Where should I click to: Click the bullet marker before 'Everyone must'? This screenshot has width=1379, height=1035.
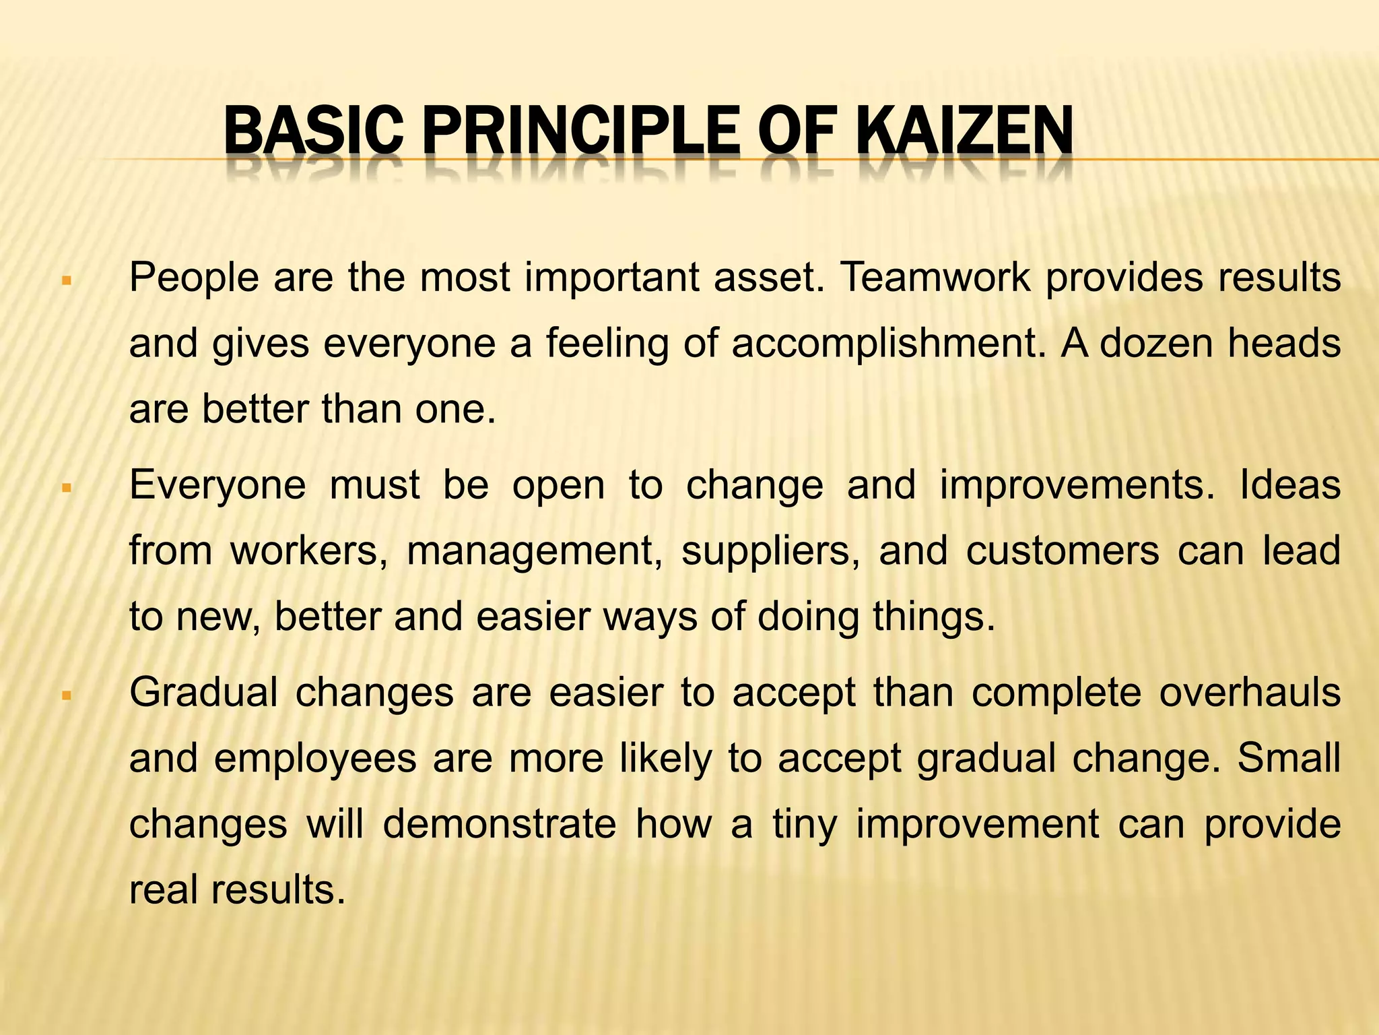point(66,487)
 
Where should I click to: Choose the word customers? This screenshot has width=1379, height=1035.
point(1062,551)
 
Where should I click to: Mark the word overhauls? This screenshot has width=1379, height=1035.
point(1249,692)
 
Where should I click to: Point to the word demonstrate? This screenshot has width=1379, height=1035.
point(499,823)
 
